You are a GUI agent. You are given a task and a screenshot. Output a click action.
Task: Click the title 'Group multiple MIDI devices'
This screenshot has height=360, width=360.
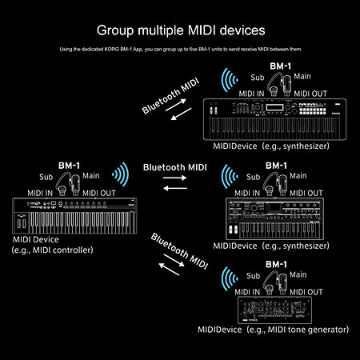click(179, 31)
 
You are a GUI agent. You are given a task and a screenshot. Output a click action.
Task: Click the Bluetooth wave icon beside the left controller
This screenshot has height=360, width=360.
click(120, 174)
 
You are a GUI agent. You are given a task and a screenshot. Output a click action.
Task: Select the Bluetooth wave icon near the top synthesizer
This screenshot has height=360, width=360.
click(231, 80)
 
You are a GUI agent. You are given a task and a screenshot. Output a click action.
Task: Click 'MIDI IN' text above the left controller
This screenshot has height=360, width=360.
click(40, 193)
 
